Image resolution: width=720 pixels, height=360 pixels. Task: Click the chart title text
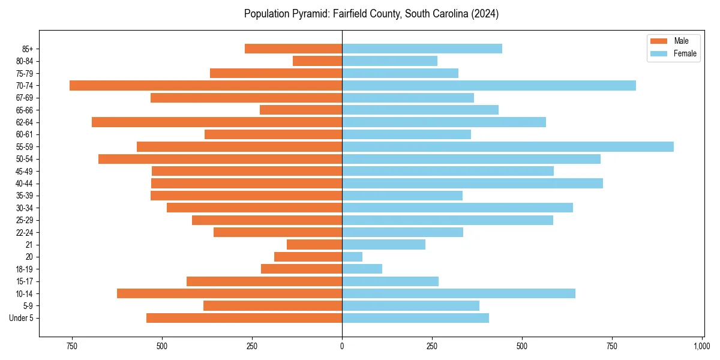click(x=371, y=14)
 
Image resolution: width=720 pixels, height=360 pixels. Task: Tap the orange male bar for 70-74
click(x=206, y=86)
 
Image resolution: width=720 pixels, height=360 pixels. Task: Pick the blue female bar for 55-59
click(x=508, y=147)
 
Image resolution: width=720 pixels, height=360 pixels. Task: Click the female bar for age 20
click(x=352, y=257)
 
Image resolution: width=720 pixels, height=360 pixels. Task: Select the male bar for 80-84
click(x=317, y=61)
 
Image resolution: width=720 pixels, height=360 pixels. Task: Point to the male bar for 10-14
click(x=229, y=293)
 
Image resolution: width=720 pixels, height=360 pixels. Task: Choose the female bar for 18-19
click(x=362, y=269)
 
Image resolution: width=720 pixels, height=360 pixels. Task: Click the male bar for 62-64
click(x=217, y=122)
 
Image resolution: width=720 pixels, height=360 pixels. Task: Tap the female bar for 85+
click(x=422, y=49)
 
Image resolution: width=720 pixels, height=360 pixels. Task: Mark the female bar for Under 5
click(x=415, y=318)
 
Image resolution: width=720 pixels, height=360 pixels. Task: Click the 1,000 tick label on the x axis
click(x=702, y=346)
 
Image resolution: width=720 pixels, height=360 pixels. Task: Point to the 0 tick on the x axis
click(x=342, y=346)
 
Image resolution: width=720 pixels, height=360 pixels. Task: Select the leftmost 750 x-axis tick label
click(x=72, y=346)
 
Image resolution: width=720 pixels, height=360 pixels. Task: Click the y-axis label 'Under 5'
click(x=22, y=318)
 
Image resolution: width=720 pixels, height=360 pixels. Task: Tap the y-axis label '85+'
click(x=27, y=49)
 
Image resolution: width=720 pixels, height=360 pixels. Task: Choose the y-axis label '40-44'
click(x=25, y=184)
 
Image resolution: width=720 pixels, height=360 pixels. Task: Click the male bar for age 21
click(x=314, y=245)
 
